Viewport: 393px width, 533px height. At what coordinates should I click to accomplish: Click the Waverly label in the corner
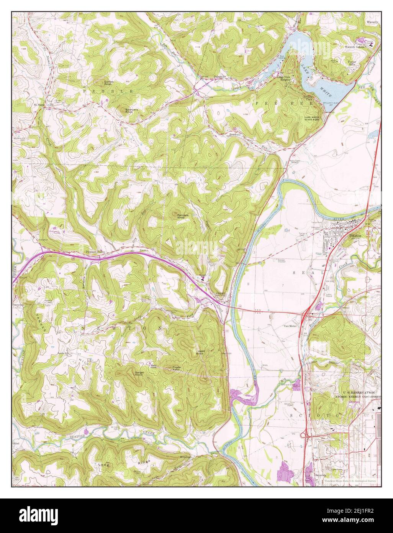372,22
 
